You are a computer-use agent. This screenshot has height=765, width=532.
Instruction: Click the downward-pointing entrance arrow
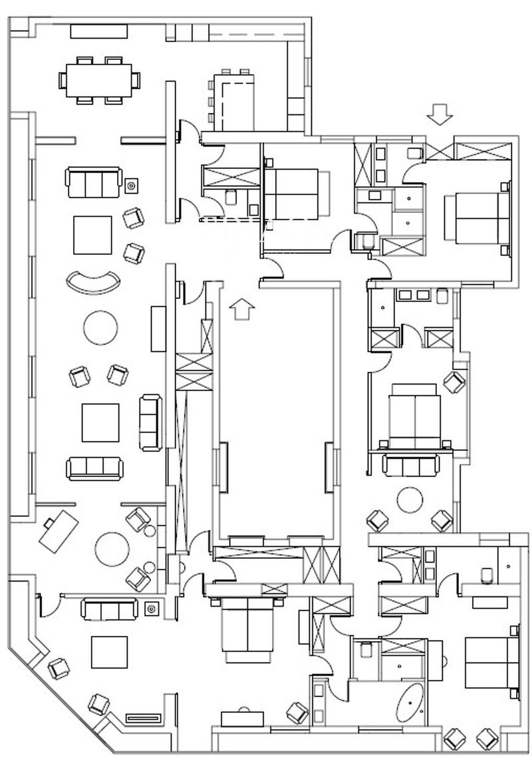click(439, 114)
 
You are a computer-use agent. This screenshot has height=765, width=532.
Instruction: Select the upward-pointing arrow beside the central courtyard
click(242, 310)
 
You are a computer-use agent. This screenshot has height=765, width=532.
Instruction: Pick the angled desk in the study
click(59, 528)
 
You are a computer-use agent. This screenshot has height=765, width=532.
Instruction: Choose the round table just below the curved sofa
click(102, 327)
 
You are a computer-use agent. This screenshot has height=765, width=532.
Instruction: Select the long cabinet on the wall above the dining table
click(99, 31)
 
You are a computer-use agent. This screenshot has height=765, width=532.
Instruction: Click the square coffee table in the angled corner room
click(109, 653)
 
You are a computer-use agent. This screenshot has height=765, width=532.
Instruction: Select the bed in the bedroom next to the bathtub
click(491, 662)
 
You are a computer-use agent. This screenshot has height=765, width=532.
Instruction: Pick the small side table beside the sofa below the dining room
click(132, 185)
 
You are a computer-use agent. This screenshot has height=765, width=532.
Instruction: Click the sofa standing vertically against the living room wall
click(150, 422)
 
